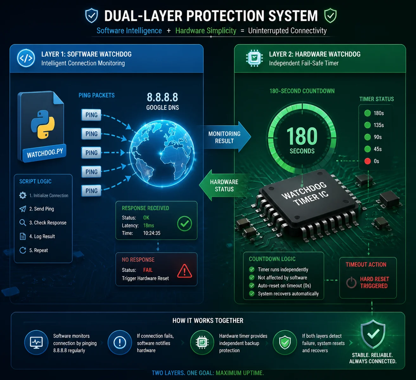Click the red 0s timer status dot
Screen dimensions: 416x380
368,161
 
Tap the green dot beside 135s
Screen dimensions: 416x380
368,125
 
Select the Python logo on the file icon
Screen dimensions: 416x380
43,124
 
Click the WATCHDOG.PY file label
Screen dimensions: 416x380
45,153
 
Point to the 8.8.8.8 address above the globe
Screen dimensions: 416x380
163,97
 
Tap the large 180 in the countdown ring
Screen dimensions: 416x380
302,136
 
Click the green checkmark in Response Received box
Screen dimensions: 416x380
184,224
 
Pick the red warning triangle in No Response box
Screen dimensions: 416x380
185,271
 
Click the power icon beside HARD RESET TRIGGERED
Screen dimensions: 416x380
351,282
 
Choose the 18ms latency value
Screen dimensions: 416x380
149,226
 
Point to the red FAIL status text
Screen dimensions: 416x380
148,270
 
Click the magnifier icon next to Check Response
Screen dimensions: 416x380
22,223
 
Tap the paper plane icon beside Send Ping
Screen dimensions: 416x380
22,209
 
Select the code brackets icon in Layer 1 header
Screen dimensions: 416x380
26,58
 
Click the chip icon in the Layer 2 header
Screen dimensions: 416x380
254,58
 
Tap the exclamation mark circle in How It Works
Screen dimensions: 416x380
120,343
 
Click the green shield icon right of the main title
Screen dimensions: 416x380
330,16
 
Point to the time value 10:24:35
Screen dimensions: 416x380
152,233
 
